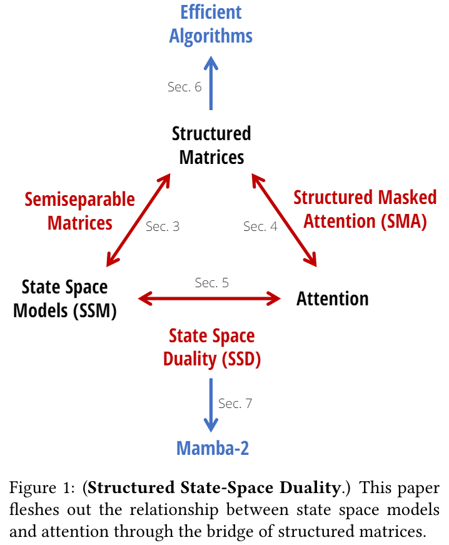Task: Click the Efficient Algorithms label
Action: [211, 24]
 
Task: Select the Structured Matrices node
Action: [211, 145]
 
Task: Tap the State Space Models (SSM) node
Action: [65, 299]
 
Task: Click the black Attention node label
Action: [332, 298]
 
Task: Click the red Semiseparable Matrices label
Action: [79, 211]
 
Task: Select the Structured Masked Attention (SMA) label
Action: [365, 209]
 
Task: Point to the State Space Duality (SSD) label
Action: [212, 347]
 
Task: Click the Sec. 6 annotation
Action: [184, 87]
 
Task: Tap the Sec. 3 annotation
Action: [163, 227]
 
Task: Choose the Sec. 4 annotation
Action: [260, 227]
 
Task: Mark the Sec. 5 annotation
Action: [211, 283]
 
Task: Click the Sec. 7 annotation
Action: [235, 404]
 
